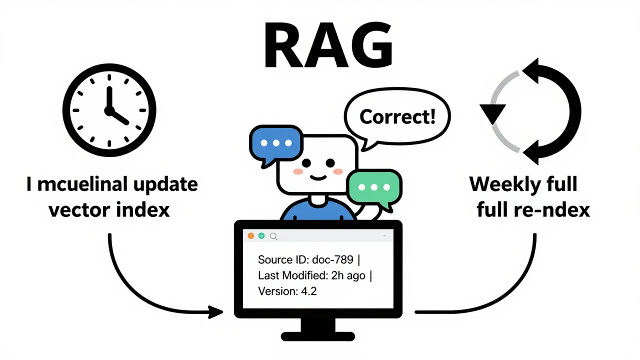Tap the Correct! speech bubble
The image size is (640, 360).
pos(397,117)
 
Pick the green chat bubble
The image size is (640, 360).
pos(374,188)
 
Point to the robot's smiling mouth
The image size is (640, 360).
pos(317,176)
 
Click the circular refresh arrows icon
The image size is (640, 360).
pos(530,111)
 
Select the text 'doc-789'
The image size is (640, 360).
pos(333,259)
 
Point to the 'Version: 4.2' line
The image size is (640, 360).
pos(287,291)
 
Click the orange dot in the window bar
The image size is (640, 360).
pos(251,235)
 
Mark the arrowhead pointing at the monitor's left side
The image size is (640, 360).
pos(216,312)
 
